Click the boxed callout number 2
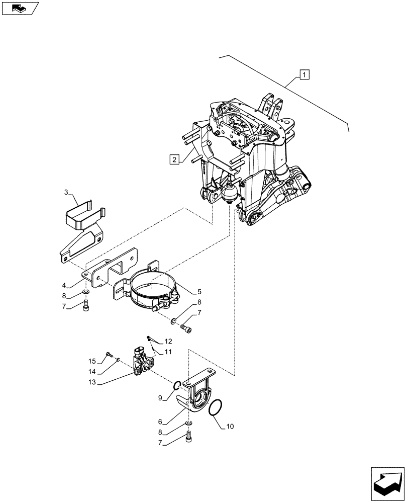[174, 160]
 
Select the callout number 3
[66, 193]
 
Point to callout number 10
[231, 427]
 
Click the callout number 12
[168, 342]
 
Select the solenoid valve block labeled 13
[142, 361]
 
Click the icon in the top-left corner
[20, 8]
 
